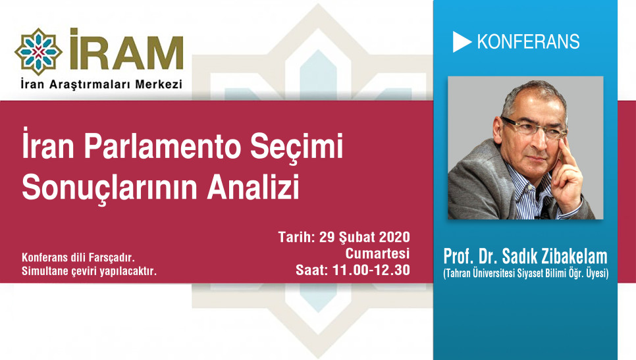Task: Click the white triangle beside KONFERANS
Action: pyautogui.click(x=462, y=42)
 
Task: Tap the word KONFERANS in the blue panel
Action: pyautogui.click(x=528, y=42)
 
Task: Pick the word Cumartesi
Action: pyautogui.click(x=378, y=253)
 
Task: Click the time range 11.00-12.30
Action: pyautogui.click(x=373, y=269)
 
